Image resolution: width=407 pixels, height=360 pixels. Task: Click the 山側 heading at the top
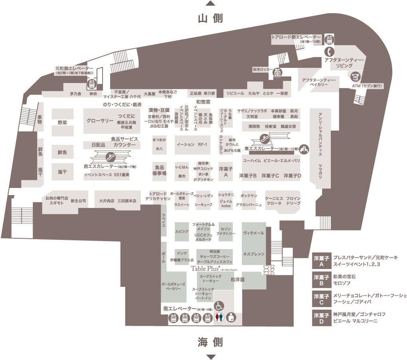pos(210,18)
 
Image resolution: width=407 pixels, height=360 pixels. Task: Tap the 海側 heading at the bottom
pos(210,342)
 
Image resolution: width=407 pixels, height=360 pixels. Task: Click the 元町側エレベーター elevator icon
pos(91,84)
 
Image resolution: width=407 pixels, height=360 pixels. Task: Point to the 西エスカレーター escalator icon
pos(107,156)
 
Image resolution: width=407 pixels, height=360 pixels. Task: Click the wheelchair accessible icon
pos(219,306)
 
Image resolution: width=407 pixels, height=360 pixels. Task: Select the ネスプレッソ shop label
pos(254,253)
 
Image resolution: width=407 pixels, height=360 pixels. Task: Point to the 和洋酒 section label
pos(238,280)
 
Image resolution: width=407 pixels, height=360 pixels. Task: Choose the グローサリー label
pos(100,121)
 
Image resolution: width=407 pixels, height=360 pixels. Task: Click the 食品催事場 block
pos(160,171)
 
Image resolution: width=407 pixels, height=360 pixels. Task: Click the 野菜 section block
pos(62,123)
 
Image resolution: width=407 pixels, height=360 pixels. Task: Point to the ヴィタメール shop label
pos(254,233)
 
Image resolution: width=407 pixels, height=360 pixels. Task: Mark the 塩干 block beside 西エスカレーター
pos(62,172)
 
